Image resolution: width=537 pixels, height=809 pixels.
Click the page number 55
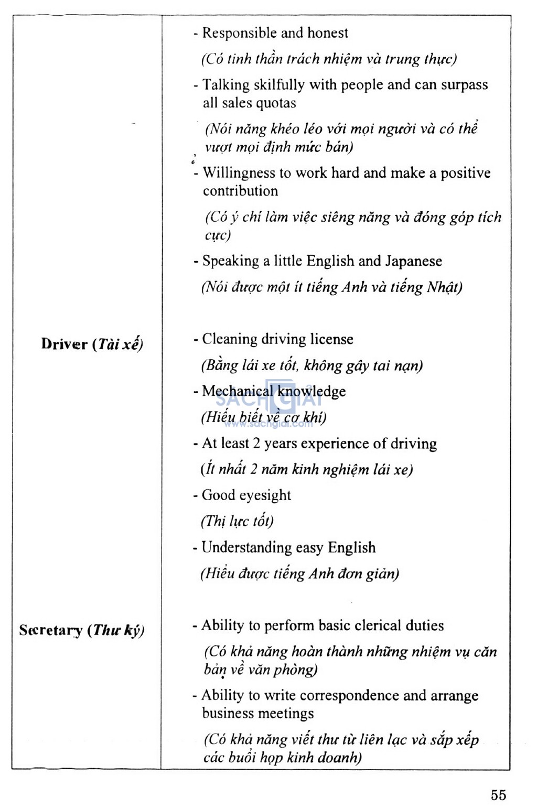point(498,795)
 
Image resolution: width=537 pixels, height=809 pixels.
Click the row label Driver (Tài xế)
point(92,344)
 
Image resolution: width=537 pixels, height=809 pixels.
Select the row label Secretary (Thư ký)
point(81,630)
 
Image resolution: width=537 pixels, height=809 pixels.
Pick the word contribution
point(240,191)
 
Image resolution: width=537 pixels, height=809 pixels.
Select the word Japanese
point(414,261)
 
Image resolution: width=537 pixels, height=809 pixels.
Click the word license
point(331,339)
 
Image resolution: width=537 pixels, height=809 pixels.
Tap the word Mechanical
point(237,391)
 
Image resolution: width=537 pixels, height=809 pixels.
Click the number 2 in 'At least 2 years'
point(256,444)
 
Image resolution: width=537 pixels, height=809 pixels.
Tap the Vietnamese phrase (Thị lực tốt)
point(237,521)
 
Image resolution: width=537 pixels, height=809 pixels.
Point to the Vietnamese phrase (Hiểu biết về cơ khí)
point(263,417)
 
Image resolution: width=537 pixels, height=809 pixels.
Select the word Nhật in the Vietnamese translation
point(444,287)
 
